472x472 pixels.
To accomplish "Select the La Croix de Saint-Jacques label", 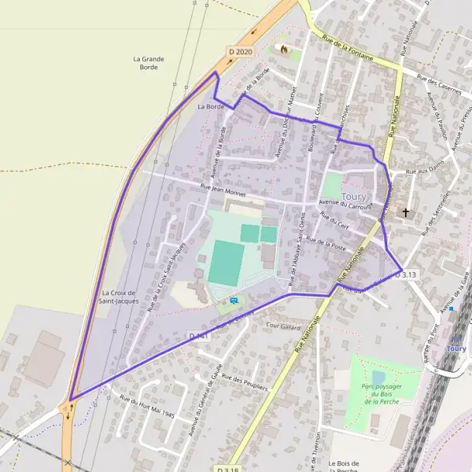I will point(120,296).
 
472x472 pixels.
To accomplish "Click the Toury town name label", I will point(355,195).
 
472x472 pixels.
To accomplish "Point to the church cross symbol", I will point(406,212).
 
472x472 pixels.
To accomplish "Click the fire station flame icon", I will point(282,50).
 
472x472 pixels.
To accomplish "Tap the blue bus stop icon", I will point(234,301).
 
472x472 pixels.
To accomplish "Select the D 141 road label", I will point(197,336).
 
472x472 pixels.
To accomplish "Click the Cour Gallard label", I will point(284,325).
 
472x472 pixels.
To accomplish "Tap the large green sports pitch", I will point(226,263).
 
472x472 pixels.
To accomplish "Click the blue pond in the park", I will point(378,378).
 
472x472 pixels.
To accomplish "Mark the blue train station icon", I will point(452,308).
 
